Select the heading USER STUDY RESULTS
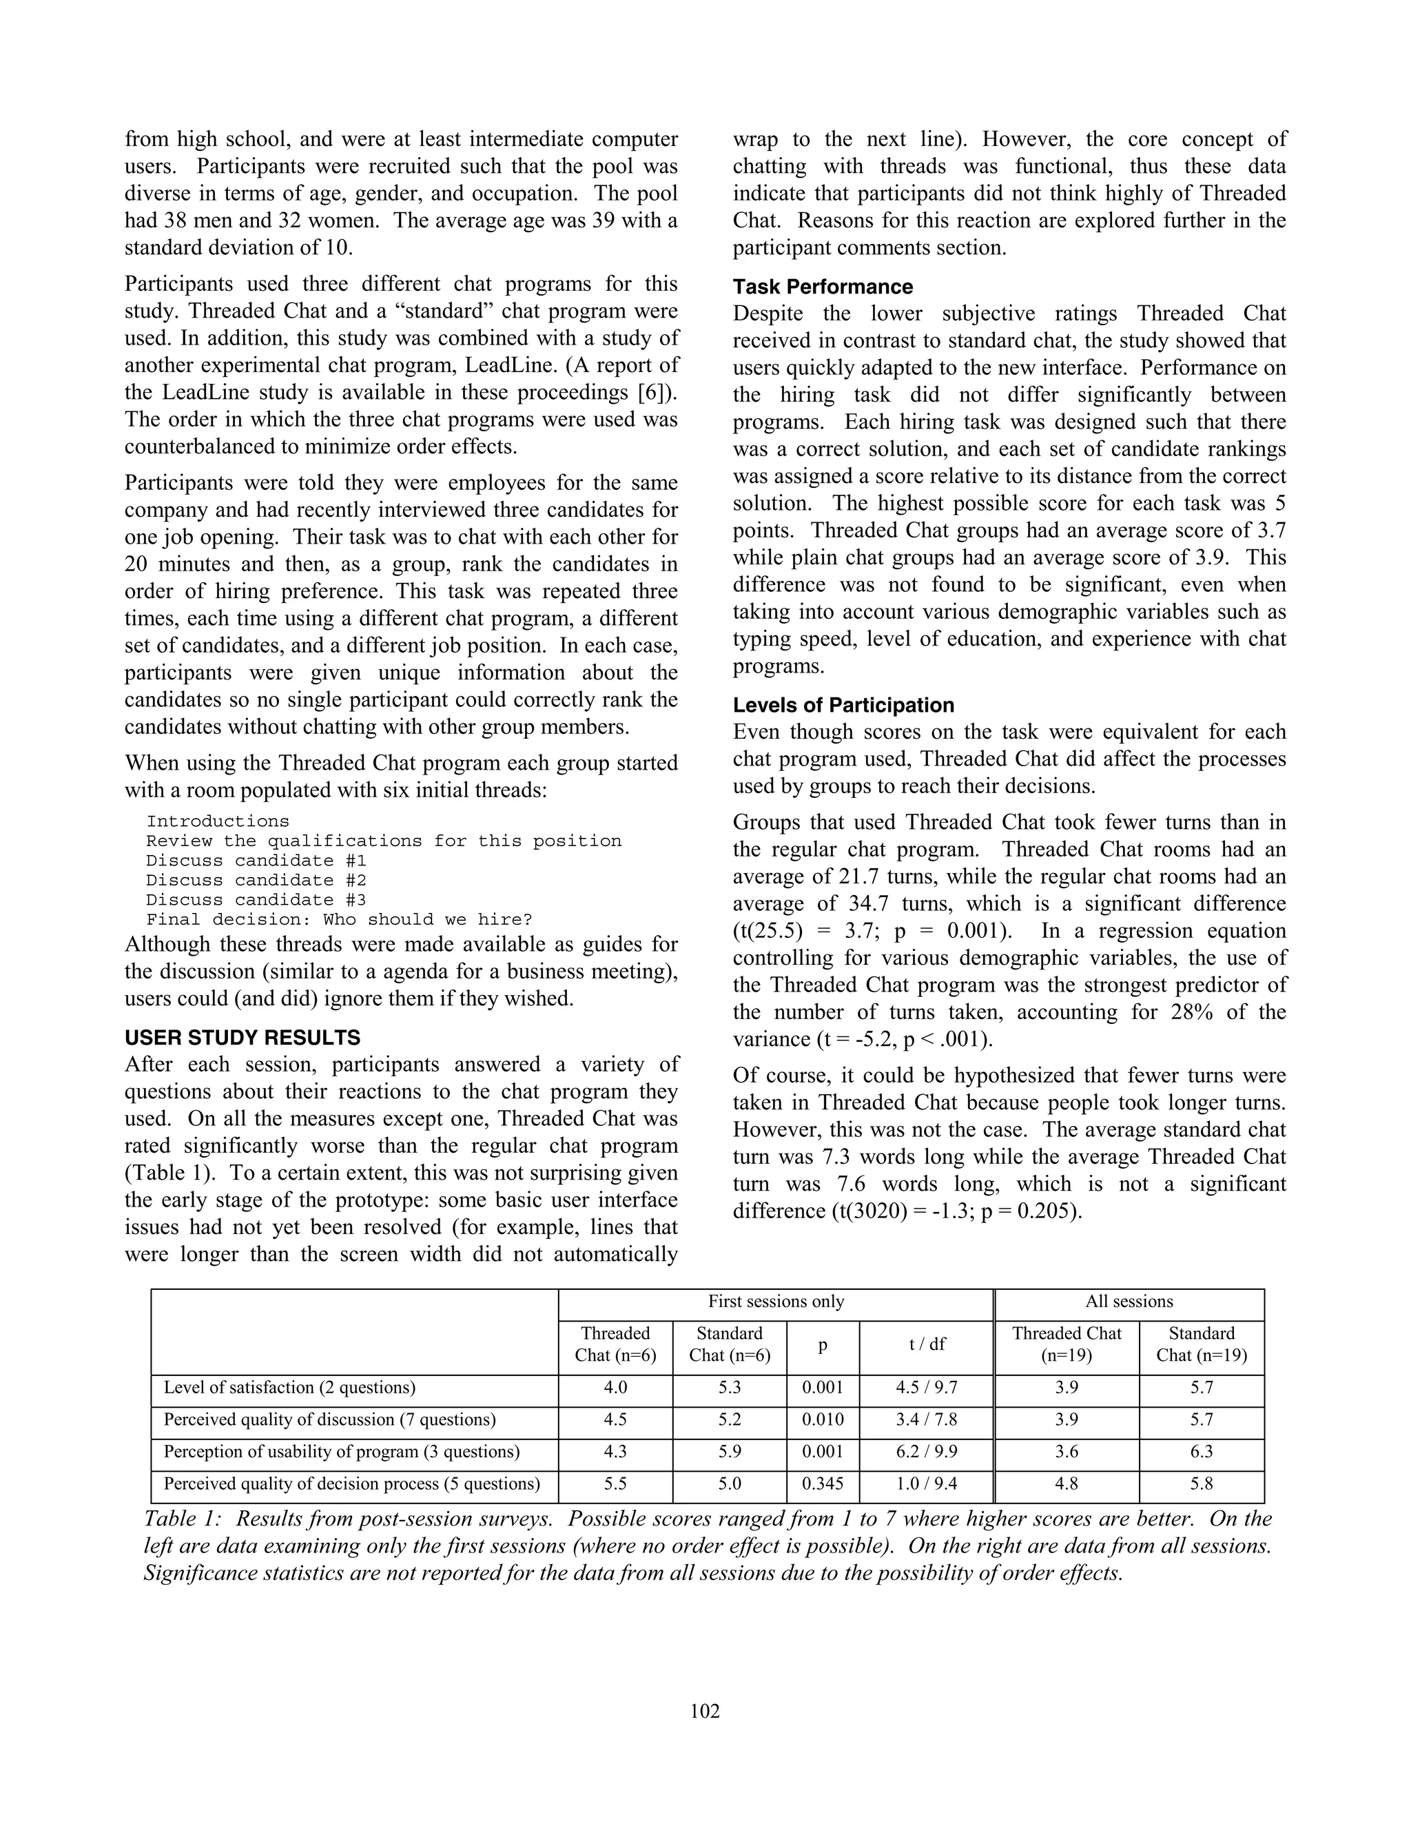click(243, 1038)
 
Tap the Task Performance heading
click(823, 287)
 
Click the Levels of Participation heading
click(843, 705)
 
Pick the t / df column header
click(926, 1344)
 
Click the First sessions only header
click(776, 1301)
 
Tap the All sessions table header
click(1129, 1301)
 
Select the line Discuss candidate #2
click(256, 879)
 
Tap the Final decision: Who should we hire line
click(338, 919)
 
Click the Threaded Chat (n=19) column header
click(1066, 1344)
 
